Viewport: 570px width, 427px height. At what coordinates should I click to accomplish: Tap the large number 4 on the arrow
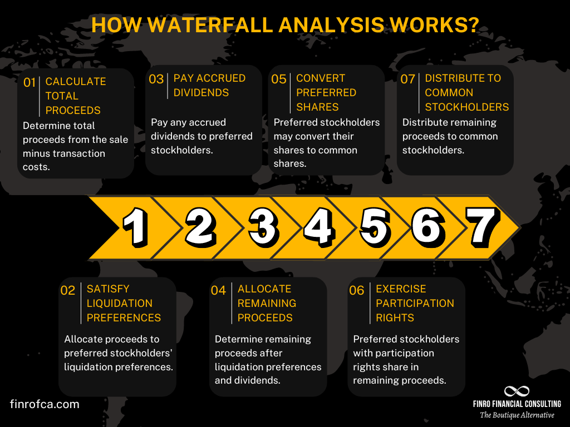point(318,227)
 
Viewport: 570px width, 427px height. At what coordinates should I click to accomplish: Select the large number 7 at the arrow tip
point(482,226)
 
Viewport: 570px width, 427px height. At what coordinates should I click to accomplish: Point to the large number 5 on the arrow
point(375,227)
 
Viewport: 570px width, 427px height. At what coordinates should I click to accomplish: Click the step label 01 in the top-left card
point(30,82)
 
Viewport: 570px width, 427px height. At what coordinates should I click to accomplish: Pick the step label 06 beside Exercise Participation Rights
point(356,290)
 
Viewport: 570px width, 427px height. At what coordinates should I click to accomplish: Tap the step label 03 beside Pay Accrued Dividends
point(156,79)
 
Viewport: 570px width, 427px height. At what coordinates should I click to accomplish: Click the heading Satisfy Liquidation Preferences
point(124,303)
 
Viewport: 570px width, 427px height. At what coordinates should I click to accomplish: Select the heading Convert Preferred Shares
point(326,92)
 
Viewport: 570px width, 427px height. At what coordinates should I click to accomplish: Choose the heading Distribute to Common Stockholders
point(466,92)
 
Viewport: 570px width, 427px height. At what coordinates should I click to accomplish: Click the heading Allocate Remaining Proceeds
point(267,303)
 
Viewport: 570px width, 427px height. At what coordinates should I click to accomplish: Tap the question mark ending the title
point(473,25)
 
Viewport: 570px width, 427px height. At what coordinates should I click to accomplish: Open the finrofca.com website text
point(45,404)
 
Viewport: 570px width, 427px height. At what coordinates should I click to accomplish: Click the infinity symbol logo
point(516,391)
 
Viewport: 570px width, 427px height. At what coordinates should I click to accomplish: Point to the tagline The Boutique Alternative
point(517,415)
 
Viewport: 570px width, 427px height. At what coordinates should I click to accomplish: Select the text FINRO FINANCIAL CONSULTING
point(517,404)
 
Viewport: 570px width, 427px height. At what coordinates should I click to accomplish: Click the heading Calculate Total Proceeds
point(75,96)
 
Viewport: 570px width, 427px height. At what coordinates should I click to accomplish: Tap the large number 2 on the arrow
point(200,227)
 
